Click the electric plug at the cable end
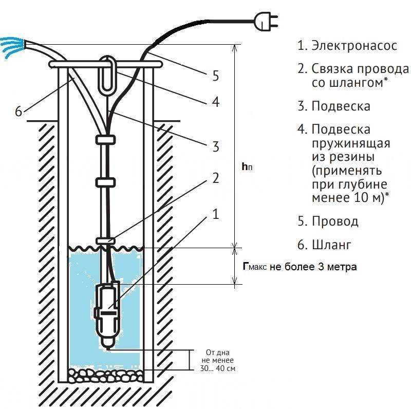(265, 22)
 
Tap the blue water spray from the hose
(12, 47)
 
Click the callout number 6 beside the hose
(18, 111)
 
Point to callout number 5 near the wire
(215, 76)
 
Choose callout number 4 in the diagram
(215, 102)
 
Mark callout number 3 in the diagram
(215, 146)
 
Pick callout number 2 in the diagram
(215, 178)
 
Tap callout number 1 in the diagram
(215, 214)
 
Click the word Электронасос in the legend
(354, 45)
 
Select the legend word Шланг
(331, 245)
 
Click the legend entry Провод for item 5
(335, 221)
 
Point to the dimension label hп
(247, 166)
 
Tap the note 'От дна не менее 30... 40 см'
(217, 360)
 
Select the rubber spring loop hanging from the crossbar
(107, 75)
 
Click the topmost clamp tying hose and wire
(105, 140)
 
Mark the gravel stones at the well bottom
(106, 376)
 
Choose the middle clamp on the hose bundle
(105, 182)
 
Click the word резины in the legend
(343, 157)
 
